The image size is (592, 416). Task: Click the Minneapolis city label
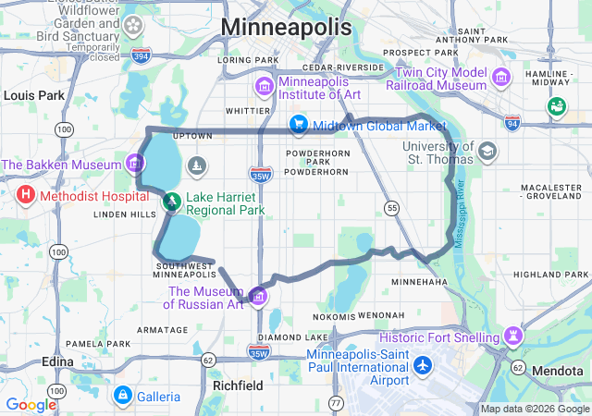(x=287, y=27)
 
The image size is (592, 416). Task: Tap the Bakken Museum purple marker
(x=137, y=165)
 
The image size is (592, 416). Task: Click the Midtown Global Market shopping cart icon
(x=298, y=124)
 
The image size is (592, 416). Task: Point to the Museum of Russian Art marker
(x=258, y=296)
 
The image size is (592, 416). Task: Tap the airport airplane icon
(x=424, y=364)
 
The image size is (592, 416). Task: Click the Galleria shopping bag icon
(x=121, y=397)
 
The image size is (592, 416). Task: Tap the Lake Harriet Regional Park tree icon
(x=171, y=200)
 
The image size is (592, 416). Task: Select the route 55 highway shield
(x=393, y=209)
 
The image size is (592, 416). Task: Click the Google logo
(x=31, y=404)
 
